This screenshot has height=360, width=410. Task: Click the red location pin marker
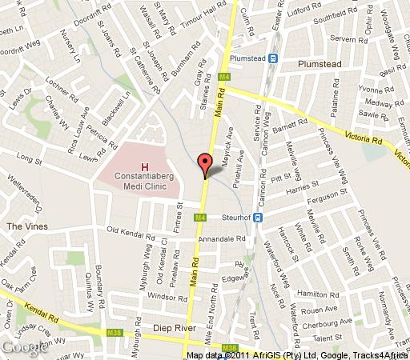(205, 164)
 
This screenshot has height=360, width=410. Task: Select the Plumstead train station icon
(273, 58)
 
